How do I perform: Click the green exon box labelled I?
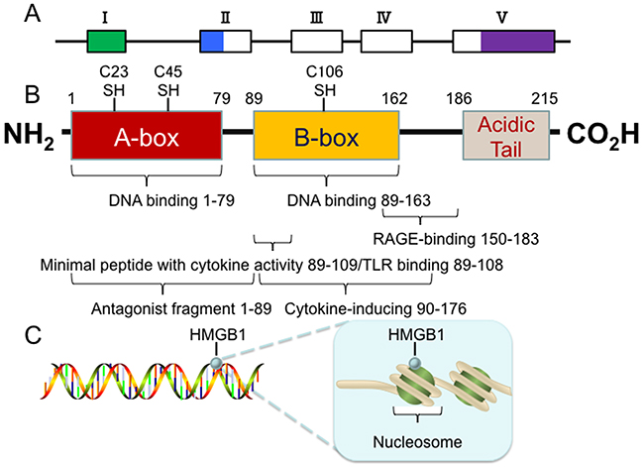click(x=106, y=41)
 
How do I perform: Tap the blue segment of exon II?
click(x=212, y=41)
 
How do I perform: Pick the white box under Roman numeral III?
click(x=316, y=41)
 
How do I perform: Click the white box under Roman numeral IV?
click(x=386, y=41)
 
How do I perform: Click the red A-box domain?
click(x=146, y=137)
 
